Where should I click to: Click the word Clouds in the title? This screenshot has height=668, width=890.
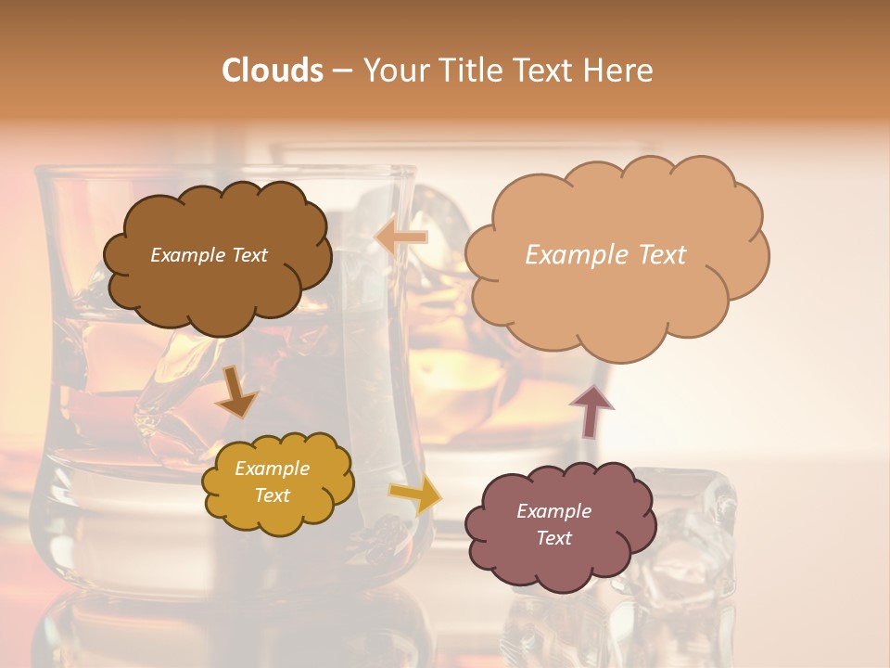tap(273, 71)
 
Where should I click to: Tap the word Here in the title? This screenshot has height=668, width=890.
tap(618, 71)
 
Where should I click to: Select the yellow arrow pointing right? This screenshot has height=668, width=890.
tap(416, 495)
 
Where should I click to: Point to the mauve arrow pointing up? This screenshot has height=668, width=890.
tap(591, 411)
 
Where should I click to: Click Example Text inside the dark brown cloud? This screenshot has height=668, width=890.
tap(209, 255)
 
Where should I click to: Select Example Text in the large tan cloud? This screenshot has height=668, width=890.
tap(605, 255)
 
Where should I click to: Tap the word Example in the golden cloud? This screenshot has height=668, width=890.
tap(272, 469)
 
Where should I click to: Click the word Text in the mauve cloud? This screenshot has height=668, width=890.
tap(553, 538)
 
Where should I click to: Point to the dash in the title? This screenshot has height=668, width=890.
tap(342, 71)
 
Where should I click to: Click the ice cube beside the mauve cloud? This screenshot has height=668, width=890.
tap(691, 538)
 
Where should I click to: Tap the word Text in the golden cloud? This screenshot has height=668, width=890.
tap(272, 495)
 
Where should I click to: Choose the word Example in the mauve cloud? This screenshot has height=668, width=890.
tap(553, 511)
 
